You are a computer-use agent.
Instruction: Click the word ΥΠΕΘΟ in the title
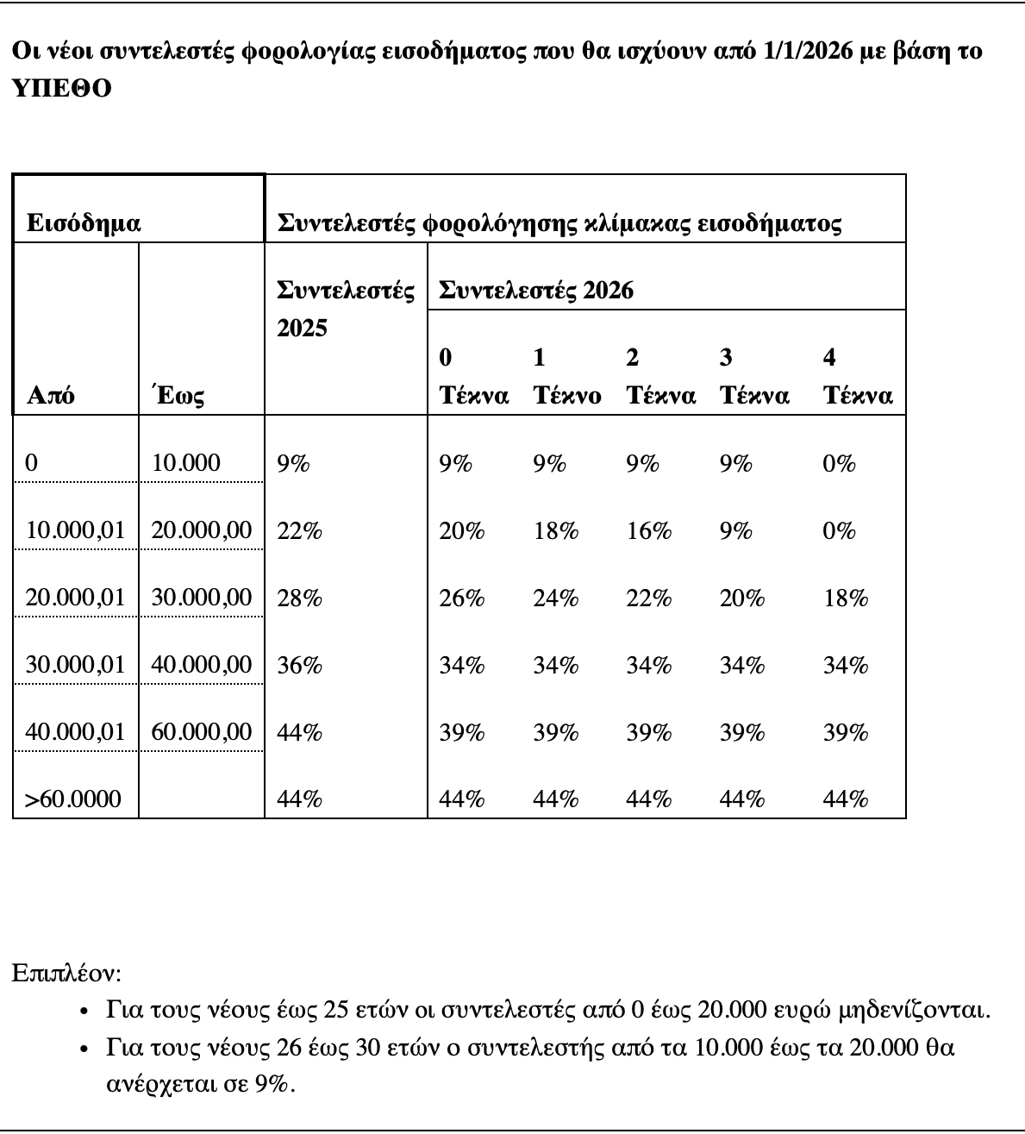tap(61, 89)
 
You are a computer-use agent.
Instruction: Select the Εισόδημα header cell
tap(84, 224)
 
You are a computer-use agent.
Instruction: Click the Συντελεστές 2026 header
tap(536, 291)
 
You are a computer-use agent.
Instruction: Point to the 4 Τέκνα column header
tap(857, 377)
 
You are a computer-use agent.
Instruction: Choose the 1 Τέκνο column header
tap(566, 377)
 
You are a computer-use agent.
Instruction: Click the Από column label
tap(51, 396)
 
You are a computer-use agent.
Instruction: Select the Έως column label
tap(178, 396)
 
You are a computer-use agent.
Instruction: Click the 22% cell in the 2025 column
tap(299, 531)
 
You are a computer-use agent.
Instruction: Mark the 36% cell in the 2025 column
tap(299, 666)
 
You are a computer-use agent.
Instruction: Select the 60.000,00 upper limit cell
tap(202, 733)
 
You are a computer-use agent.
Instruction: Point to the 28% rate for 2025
tap(299, 598)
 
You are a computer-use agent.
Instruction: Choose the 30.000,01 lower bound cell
tap(76, 666)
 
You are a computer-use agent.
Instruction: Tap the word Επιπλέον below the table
tap(66, 974)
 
